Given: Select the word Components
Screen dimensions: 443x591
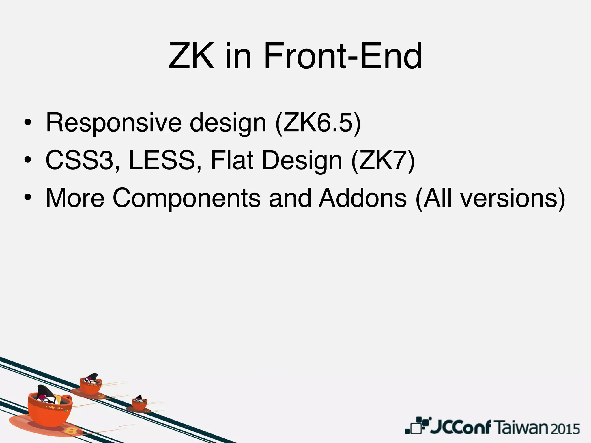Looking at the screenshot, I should coord(186,198).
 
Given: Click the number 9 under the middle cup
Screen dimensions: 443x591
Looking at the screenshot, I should coord(101,396).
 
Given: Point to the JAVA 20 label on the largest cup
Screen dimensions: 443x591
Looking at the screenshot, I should coord(54,408).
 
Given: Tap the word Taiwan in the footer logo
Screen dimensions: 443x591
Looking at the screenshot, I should coord(522,428).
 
